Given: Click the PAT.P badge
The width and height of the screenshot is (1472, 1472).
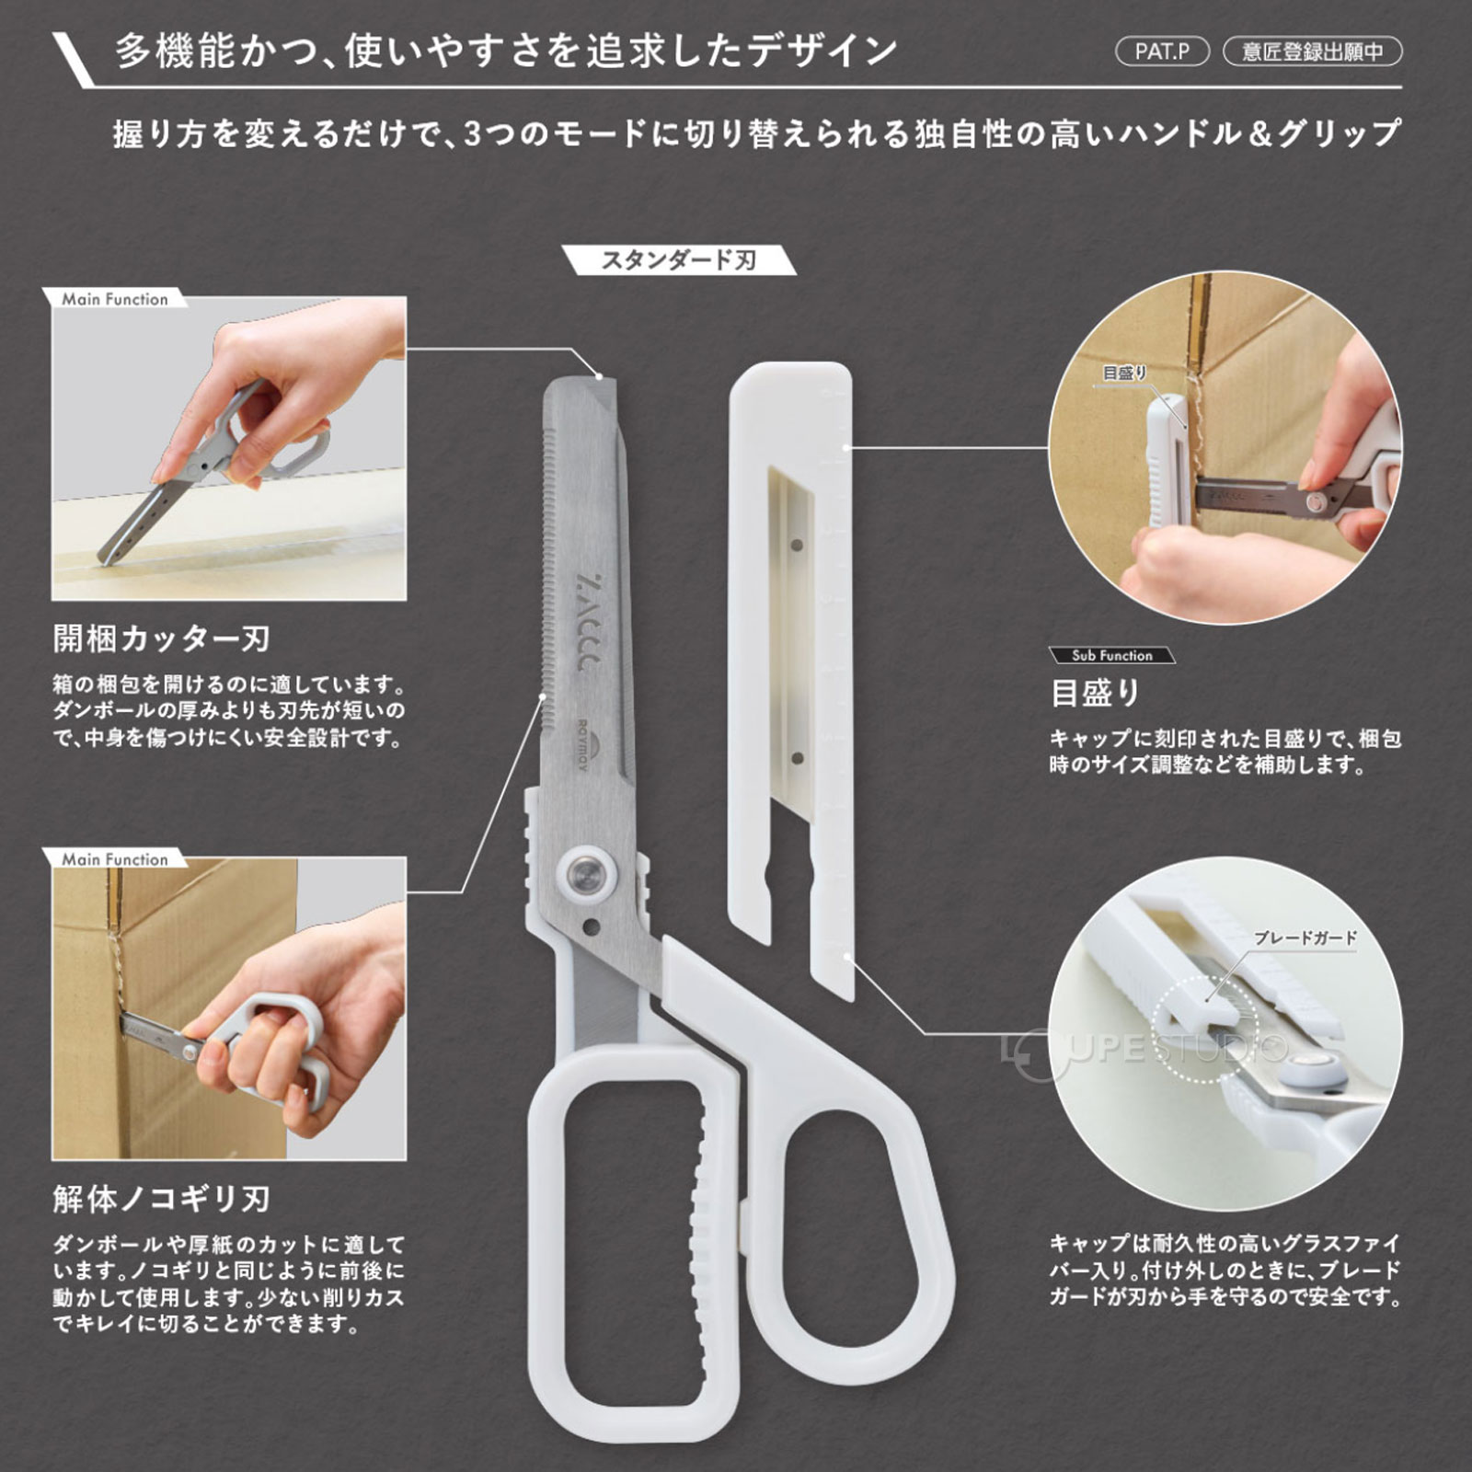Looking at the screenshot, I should [x=1162, y=52].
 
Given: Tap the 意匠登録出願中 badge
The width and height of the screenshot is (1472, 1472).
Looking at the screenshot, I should [x=1312, y=52].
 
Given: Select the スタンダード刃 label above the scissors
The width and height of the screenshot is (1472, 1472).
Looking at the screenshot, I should [x=679, y=260].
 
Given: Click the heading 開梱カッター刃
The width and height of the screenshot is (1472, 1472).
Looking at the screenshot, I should [x=162, y=638].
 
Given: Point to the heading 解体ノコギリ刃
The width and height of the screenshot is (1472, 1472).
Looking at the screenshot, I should [x=162, y=1199].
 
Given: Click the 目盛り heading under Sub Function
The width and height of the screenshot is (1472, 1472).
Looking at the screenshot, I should [x=1095, y=693].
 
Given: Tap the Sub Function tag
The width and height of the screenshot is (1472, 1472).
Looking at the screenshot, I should [x=1111, y=655].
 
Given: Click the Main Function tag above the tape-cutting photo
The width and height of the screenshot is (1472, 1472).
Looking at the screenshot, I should [x=115, y=299].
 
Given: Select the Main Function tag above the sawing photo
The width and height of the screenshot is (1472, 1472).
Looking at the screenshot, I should [x=115, y=859].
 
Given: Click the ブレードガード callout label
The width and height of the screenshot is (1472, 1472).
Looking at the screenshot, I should [x=1305, y=937].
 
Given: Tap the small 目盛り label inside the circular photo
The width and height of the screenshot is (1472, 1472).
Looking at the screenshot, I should [x=1124, y=373].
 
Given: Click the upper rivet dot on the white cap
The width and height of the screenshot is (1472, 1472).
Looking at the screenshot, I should [x=797, y=546].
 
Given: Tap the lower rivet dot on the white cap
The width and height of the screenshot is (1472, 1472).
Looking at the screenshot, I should [x=798, y=758].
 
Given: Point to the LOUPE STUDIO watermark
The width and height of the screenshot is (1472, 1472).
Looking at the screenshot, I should [x=1145, y=1049].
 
